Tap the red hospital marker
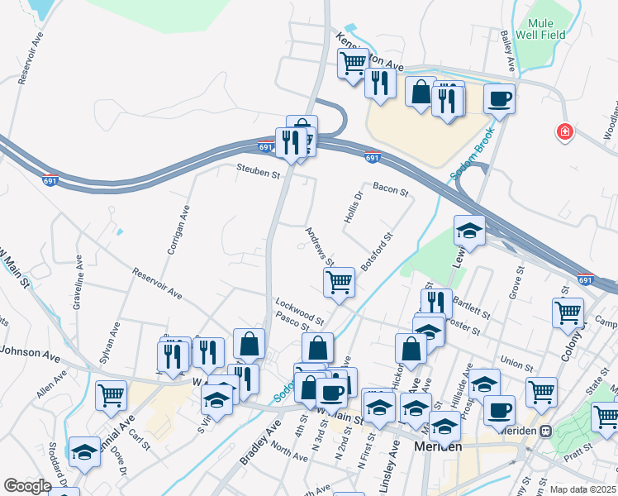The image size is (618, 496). pos(565,132)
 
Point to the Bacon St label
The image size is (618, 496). pos(390,191)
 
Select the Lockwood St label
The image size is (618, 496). pos(301,309)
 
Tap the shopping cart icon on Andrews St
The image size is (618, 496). pos(340,282)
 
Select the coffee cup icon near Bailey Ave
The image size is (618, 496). pos(499,99)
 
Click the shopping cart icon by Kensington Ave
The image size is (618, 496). pos(353,62)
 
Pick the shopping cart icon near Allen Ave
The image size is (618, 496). pos(111,394)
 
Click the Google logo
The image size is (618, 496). pos(27,486)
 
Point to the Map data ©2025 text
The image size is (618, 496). pos(582,489)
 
